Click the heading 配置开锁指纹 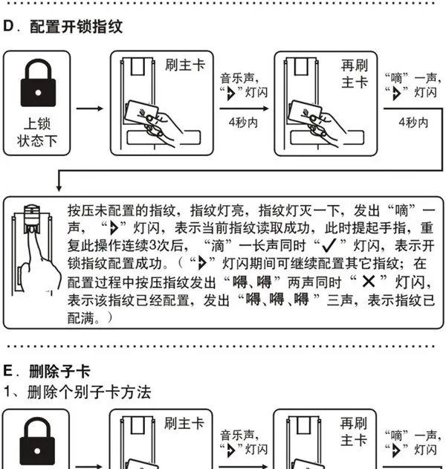(77, 27)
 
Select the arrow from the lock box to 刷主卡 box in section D (90, 109)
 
